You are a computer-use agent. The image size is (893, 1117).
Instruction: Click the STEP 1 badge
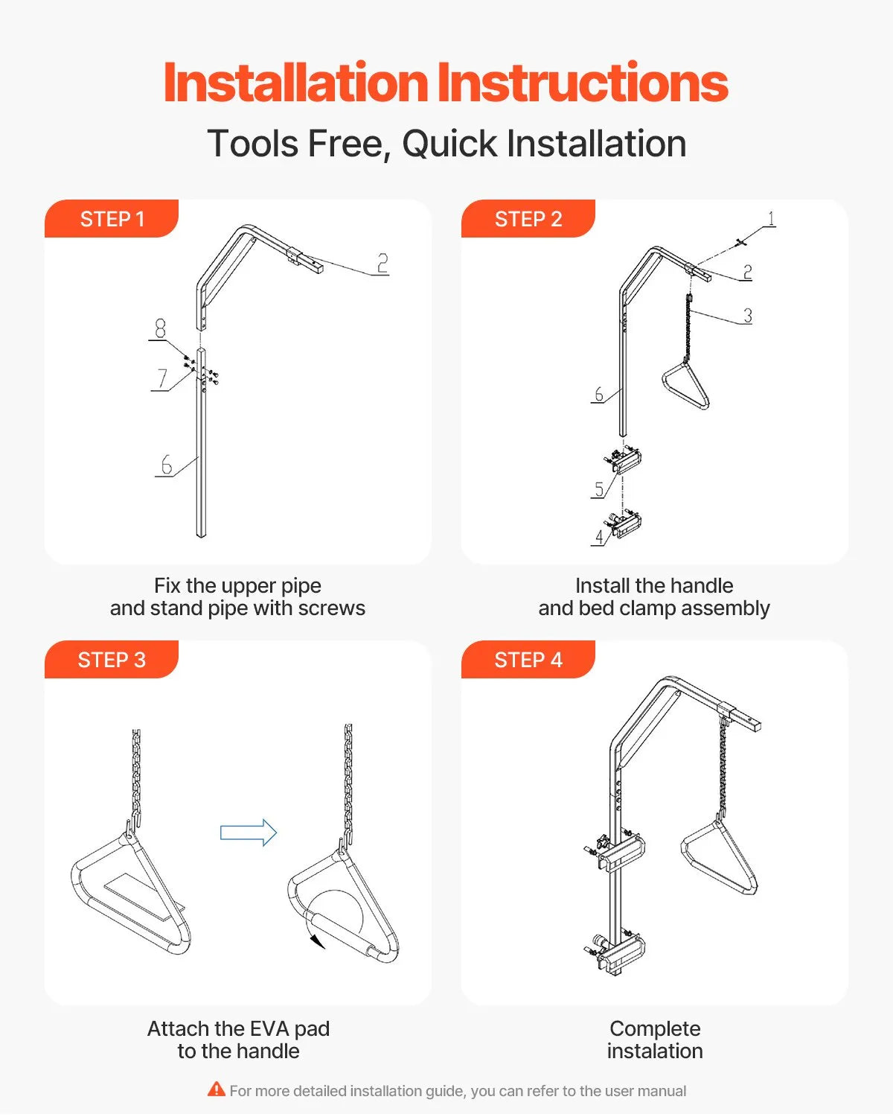[112, 218]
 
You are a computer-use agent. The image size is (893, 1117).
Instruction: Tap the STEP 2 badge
[528, 218]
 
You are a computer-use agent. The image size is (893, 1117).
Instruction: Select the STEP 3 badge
[112, 659]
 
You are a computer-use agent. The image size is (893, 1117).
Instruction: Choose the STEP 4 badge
[528, 659]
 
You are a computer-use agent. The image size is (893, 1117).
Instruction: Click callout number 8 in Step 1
[160, 328]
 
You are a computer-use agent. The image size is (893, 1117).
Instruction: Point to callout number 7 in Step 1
[162, 378]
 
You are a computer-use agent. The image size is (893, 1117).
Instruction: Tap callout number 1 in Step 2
[772, 218]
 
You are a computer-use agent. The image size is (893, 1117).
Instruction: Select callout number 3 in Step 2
[748, 316]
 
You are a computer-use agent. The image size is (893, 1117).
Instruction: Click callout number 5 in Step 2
[599, 489]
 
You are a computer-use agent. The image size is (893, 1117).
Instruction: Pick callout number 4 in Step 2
[599, 537]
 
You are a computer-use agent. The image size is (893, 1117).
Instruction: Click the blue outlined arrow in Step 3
[249, 833]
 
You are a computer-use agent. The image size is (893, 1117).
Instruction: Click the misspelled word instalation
[655, 1051]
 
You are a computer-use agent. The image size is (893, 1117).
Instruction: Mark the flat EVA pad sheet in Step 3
[144, 897]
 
